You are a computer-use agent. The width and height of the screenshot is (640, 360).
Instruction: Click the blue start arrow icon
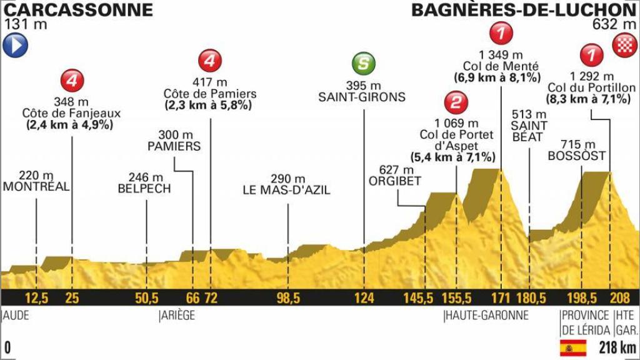pyautogui.click(x=14, y=46)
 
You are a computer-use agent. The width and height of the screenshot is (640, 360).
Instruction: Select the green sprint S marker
pyautogui.click(x=362, y=64)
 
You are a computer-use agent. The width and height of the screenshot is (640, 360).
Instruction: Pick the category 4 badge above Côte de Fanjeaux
pyautogui.click(x=72, y=81)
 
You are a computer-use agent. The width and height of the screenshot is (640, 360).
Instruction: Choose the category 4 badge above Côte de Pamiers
pyautogui.click(x=209, y=61)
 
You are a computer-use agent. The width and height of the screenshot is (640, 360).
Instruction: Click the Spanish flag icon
pyautogui.click(x=572, y=346)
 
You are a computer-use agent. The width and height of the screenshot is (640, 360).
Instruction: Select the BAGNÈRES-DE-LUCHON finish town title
pyautogui.click(x=523, y=10)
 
